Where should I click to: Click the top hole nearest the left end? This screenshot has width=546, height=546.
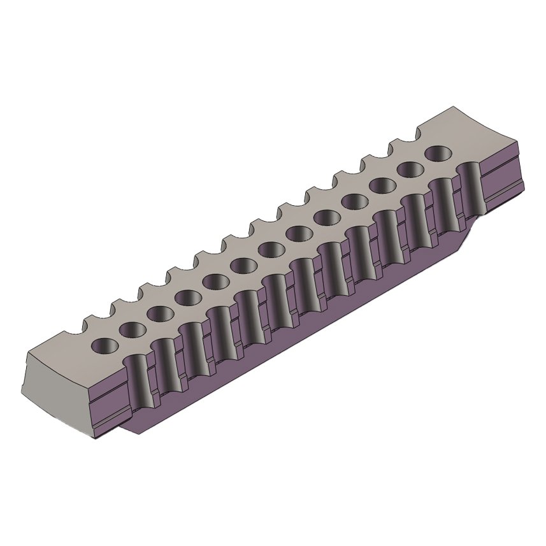tap(104, 345)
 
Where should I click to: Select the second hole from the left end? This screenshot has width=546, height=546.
tap(132, 329)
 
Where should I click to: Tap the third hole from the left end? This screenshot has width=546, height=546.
tap(160, 313)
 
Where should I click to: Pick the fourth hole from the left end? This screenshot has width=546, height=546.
tap(188, 297)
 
